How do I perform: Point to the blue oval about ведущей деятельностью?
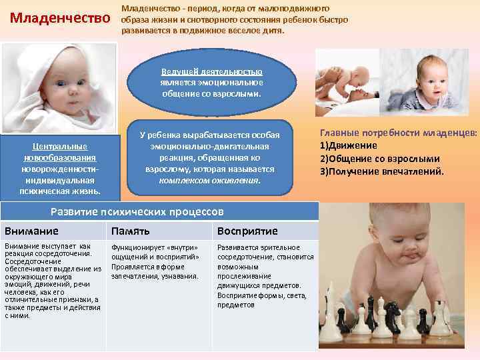212,83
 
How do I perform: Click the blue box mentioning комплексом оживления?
209,158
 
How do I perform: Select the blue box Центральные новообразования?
60,168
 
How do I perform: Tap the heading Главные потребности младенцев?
399,133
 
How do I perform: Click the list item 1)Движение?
349,145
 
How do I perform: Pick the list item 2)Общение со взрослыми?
380,159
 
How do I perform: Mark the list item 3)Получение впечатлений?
382,171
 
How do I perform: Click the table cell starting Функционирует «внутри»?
156,261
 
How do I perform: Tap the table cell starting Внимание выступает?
52,280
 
